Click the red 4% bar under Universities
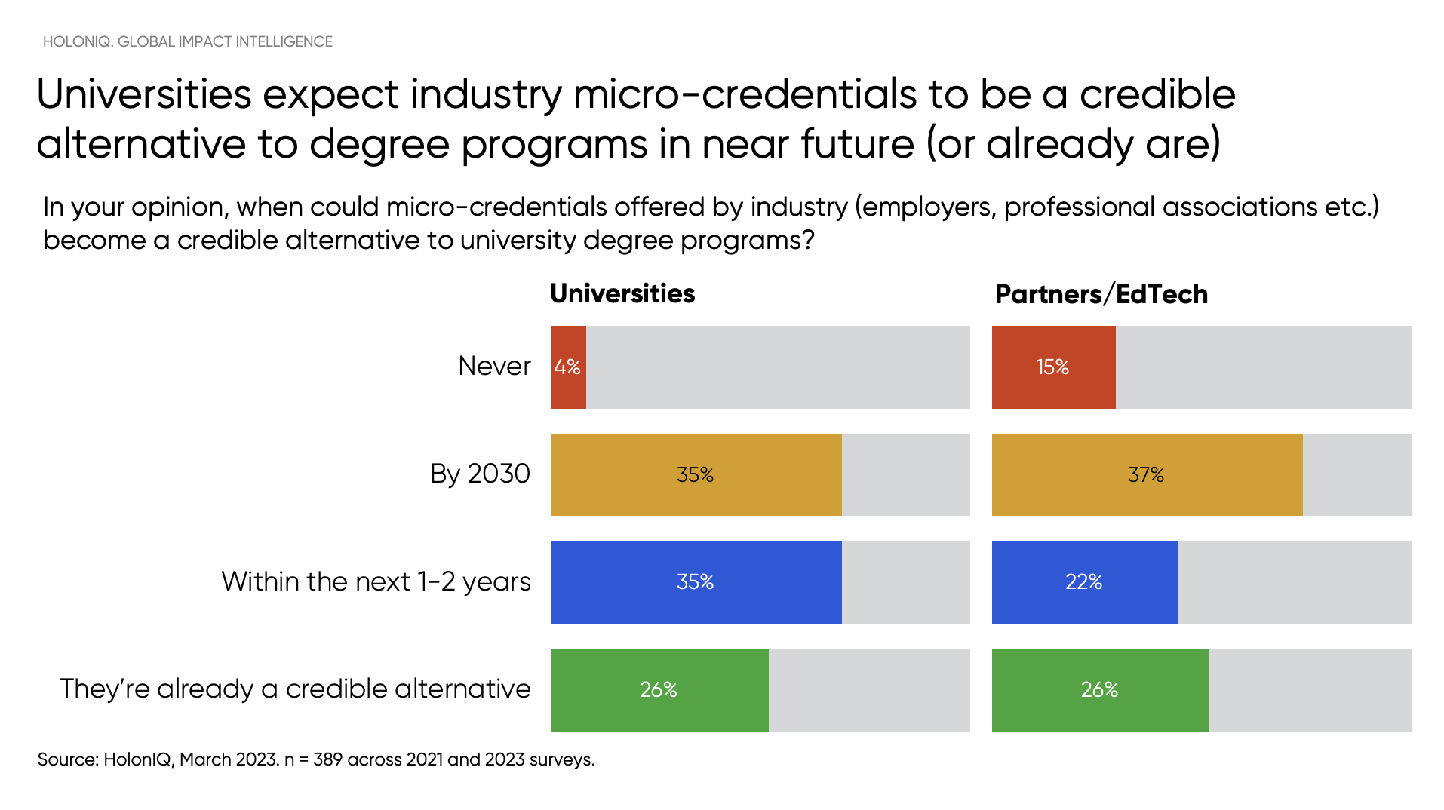[568, 367]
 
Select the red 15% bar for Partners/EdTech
[1053, 367]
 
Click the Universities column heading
[622, 293]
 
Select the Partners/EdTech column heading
[1101, 294]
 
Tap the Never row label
[494, 366]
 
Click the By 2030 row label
[480, 474]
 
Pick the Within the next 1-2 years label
[376, 581]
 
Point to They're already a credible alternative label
[295, 689]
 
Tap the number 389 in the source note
[327, 759]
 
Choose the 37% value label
[1145, 474]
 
